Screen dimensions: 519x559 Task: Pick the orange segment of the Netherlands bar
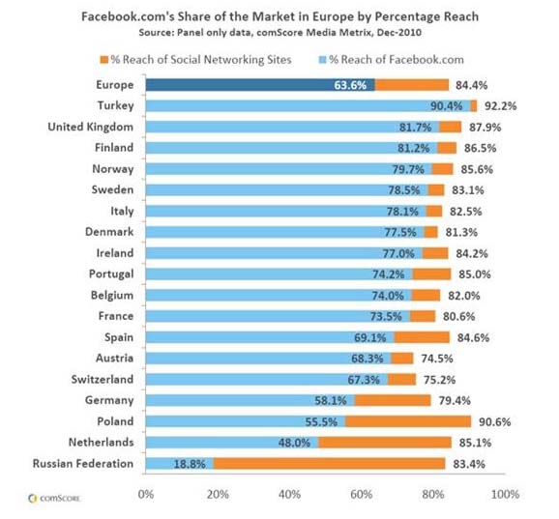click(384, 443)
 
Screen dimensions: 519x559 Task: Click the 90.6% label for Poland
click(495, 421)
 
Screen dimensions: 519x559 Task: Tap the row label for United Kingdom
click(93, 127)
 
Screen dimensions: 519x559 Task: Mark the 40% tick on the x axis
click(289, 494)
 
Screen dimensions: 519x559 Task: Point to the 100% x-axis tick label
click(504, 494)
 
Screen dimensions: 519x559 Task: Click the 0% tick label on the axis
click(146, 494)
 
